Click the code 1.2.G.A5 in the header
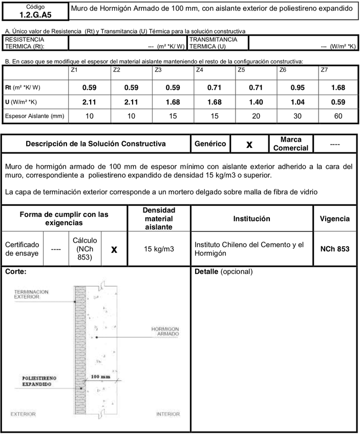click(34, 15)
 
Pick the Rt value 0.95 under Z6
click(297, 88)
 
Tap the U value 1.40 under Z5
click(255, 102)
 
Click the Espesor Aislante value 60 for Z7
click(338, 116)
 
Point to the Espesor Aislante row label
click(34, 116)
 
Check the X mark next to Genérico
click(249, 144)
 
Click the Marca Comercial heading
click(291, 144)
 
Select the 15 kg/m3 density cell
click(158, 249)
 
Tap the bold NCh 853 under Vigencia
click(335, 249)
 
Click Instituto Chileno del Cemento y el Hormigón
click(249, 249)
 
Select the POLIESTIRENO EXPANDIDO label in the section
click(36, 381)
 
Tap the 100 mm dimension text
click(100, 377)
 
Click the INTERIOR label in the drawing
click(168, 414)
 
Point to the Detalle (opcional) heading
click(224, 271)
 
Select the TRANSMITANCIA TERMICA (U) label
click(214, 42)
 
